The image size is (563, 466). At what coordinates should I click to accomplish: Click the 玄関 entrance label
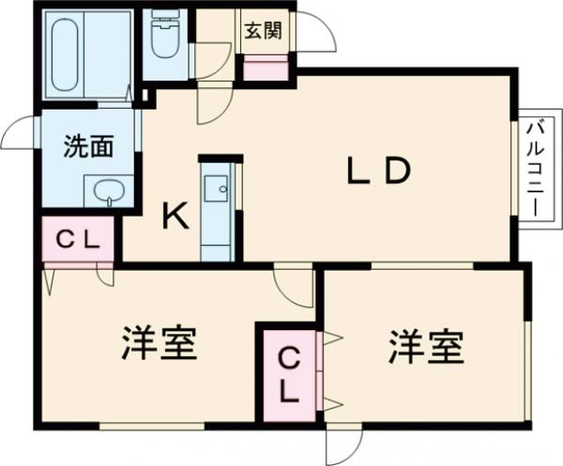[x=263, y=31]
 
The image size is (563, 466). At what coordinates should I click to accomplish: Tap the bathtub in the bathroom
[x=66, y=55]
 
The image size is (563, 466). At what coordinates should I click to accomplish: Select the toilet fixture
[x=165, y=33]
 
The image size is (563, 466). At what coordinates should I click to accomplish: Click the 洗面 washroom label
[x=89, y=146]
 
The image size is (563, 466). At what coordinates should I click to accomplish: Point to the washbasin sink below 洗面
[x=109, y=191]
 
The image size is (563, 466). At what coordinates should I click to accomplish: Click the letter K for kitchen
[x=175, y=216]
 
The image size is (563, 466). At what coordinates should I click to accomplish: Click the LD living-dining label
[x=379, y=171]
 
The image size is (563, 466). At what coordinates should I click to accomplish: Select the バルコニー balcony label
[x=534, y=169]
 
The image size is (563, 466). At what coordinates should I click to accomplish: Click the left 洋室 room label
[x=160, y=343]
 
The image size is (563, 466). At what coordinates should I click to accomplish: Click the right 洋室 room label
[x=427, y=347]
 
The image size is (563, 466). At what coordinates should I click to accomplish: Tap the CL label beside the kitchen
[x=79, y=240]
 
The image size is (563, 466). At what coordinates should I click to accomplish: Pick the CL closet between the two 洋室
[x=289, y=375]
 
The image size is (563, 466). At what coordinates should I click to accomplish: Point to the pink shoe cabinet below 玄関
[x=266, y=68]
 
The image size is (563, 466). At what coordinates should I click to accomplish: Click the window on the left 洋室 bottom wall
[x=151, y=427]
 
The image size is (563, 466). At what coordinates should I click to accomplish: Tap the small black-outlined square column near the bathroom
[x=145, y=96]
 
